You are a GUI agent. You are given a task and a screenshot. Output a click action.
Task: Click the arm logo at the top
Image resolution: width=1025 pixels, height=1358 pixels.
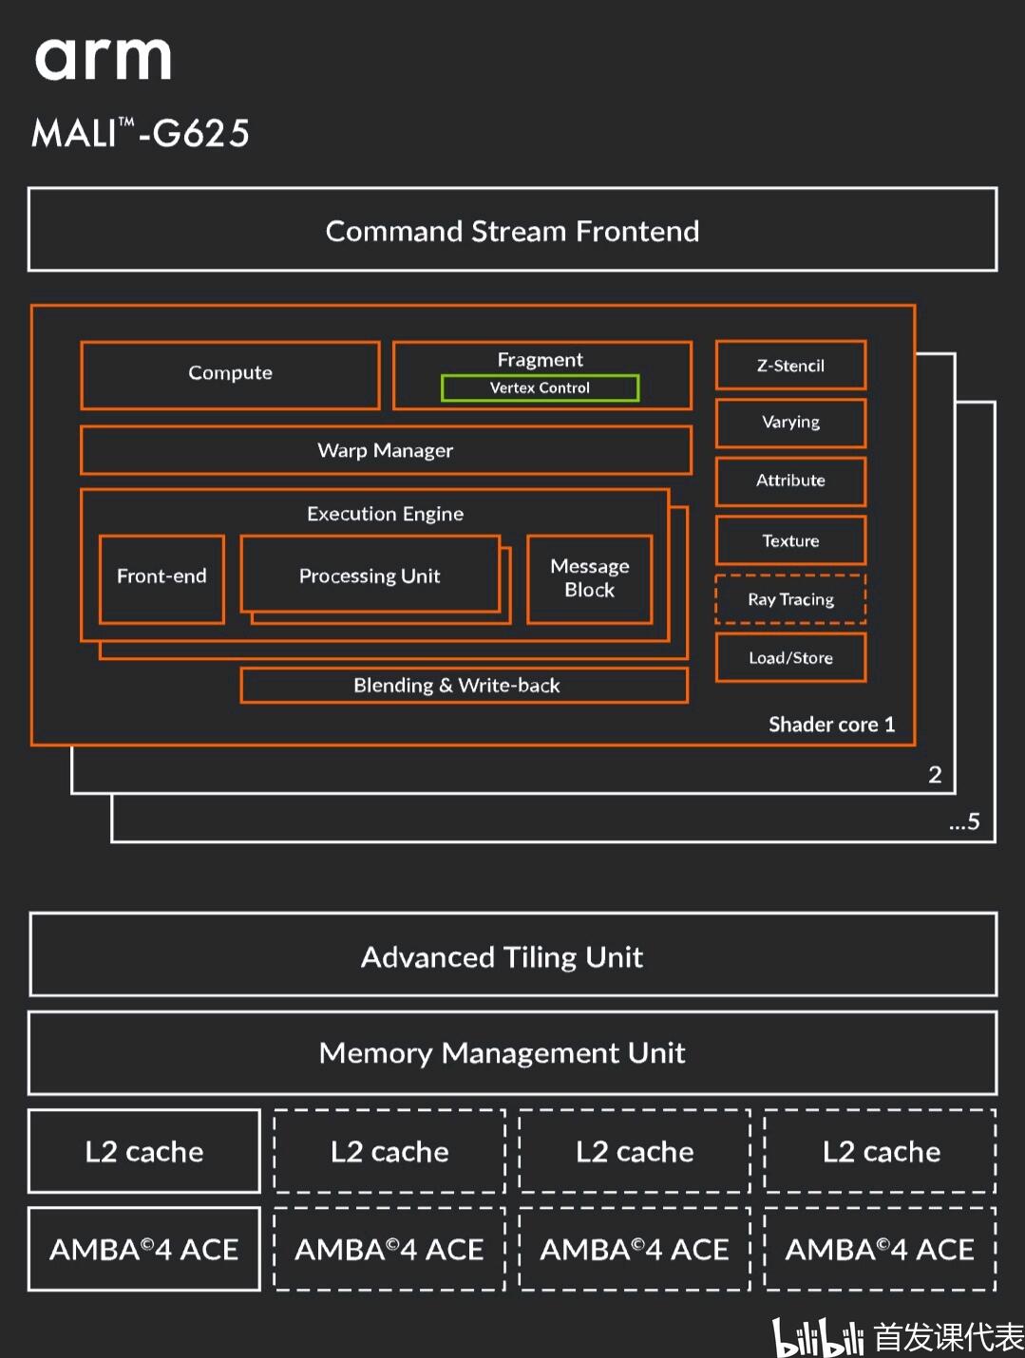pos(103,59)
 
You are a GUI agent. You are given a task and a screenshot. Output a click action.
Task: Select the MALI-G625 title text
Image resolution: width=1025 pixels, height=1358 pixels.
pos(141,133)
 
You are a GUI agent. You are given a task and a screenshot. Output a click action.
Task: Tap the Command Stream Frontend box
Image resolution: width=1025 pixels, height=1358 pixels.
pos(512,230)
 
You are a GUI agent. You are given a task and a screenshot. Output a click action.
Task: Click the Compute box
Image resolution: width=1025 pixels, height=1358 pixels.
pos(230,374)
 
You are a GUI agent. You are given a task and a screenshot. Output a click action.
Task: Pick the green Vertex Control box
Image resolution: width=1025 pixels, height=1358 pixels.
pos(540,387)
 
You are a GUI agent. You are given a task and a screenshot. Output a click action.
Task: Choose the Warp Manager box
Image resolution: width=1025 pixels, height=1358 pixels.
pos(385,450)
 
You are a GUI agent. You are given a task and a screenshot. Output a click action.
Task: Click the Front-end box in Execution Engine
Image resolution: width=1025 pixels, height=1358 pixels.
pos(161,577)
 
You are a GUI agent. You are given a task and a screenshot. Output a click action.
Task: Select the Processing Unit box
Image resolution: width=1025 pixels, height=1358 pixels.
pos(370,575)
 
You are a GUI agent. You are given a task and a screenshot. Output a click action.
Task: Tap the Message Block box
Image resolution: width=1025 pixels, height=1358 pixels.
pos(589,578)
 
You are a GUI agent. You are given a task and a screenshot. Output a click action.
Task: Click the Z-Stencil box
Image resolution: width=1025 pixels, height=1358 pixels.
pos(790,366)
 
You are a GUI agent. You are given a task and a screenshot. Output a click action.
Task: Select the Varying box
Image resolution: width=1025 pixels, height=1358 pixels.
pos(790,423)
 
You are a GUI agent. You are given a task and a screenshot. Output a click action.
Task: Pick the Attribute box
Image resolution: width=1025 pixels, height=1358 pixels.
pos(790,481)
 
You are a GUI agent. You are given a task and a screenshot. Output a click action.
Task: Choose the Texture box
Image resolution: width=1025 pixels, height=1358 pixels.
pos(790,540)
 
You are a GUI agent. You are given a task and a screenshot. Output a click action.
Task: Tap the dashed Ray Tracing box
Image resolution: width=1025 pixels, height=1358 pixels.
pos(790,599)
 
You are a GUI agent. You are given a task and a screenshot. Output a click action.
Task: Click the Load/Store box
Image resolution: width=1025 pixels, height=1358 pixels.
pos(790,658)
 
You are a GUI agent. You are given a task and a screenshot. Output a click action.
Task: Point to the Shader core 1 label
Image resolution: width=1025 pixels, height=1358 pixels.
pos(831,725)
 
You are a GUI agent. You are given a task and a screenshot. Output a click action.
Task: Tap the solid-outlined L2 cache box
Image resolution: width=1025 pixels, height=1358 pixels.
pos(144,1151)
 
